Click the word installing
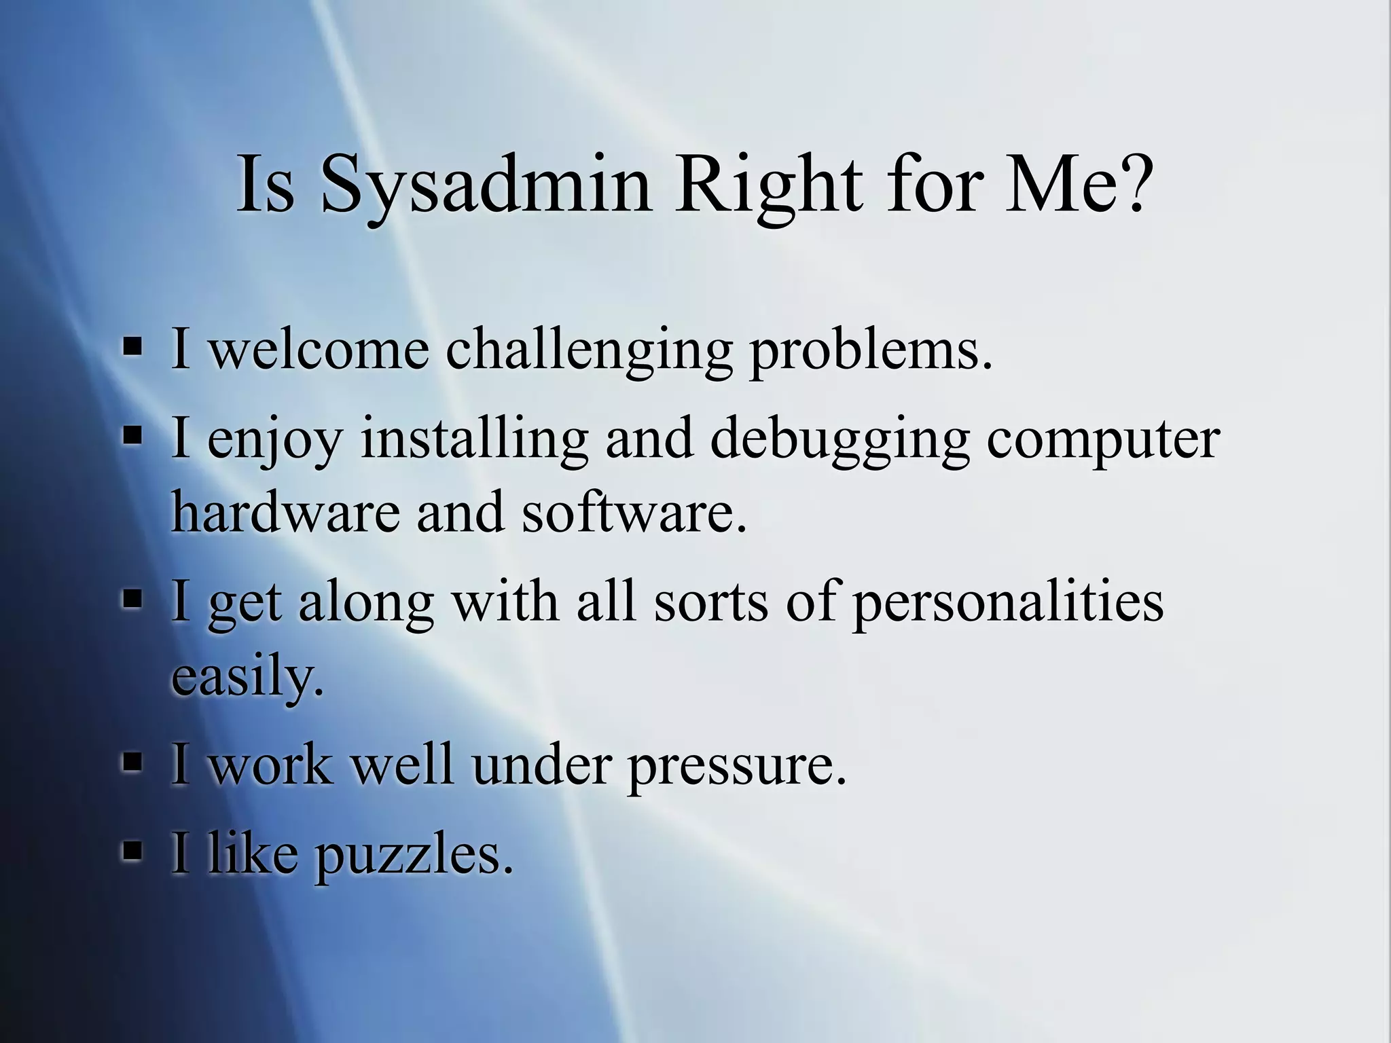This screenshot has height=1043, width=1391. coord(474,438)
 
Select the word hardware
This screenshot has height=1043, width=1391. coord(285,511)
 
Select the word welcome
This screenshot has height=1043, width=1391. coord(319,350)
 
